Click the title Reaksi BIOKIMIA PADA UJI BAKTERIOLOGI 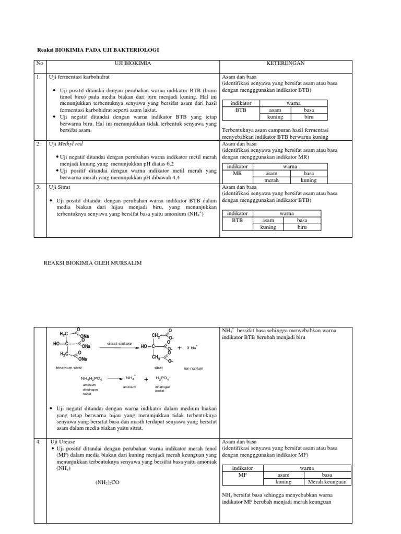pyautogui.click(x=97, y=50)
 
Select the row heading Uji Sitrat pyautogui.click(x=61, y=186)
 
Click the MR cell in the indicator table pyautogui.click(x=237, y=173)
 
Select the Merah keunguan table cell pyautogui.click(x=327, y=482)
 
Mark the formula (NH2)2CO pyautogui.click(x=107, y=482)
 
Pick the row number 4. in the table pyautogui.click(x=38, y=441)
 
